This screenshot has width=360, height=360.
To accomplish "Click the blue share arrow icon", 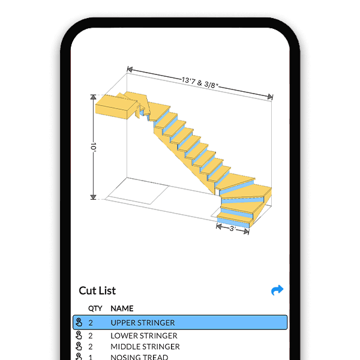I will [x=277, y=290].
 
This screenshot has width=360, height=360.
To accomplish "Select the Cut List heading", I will [x=97, y=291].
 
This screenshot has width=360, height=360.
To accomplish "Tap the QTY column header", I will [x=95, y=308].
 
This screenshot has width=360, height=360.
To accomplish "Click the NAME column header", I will [x=122, y=308].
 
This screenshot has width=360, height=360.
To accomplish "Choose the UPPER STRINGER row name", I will [x=143, y=323].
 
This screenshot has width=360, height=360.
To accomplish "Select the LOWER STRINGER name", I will [x=144, y=336].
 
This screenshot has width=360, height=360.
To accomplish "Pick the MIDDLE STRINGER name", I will [x=145, y=347].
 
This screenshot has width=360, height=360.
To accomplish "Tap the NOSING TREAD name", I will [x=139, y=357].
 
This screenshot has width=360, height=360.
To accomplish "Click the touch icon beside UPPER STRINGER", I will [x=79, y=323].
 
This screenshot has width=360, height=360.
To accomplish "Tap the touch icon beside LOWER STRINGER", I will [x=79, y=336].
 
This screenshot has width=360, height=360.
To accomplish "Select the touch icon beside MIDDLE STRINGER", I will [x=79, y=347].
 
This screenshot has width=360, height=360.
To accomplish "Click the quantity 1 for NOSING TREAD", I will [x=91, y=357].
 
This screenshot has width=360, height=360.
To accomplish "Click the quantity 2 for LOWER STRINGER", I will [x=91, y=336].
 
